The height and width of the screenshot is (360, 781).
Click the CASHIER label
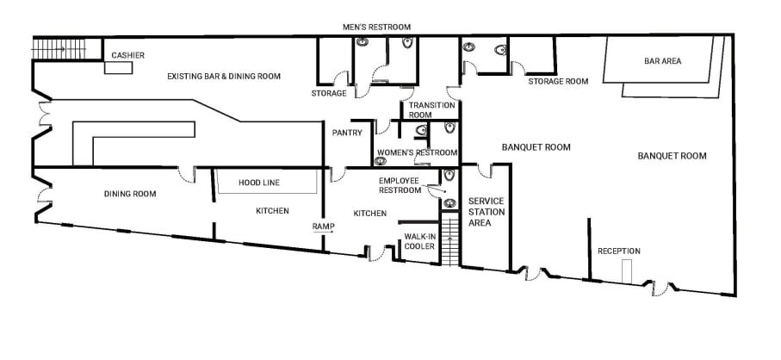click(127, 56)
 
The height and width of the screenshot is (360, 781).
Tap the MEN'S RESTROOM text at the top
click(376, 28)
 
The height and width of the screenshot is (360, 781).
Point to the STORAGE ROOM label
click(558, 82)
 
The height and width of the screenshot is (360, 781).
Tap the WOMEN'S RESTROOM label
click(417, 152)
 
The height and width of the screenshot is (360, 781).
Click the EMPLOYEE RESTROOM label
click(404, 185)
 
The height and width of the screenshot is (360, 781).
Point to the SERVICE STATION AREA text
click(486, 212)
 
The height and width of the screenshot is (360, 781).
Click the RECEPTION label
click(619, 251)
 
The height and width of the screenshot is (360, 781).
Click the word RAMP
click(322, 227)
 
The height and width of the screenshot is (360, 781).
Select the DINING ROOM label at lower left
click(130, 194)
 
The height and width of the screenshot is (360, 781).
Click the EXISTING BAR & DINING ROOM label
click(223, 77)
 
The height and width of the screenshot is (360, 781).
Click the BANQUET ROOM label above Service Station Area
click(536, 147)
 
